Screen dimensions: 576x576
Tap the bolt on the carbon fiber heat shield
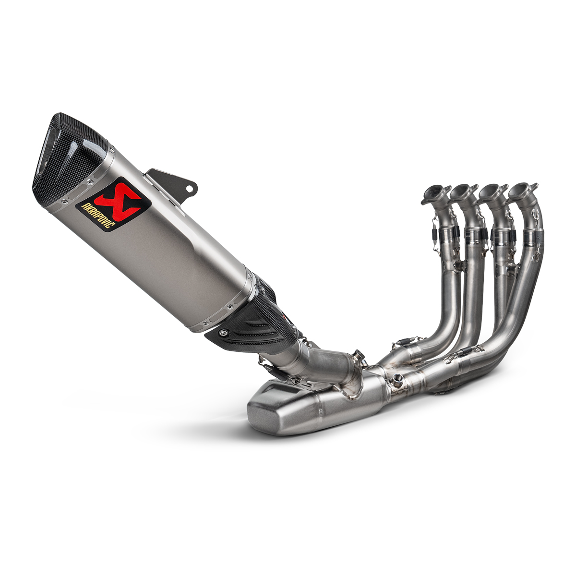coord(224,332)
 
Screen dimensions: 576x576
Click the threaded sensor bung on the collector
coord(397,382)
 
